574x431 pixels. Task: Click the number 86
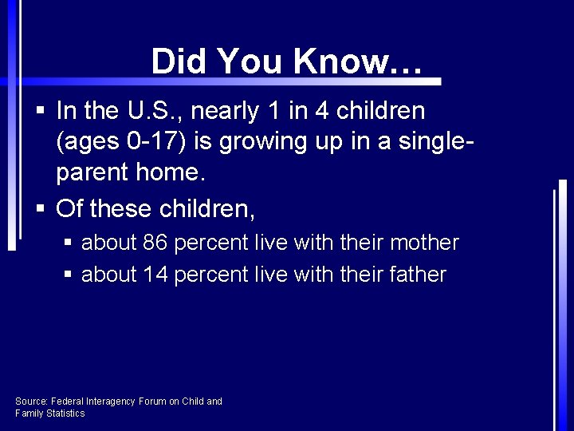[x=155, y=243]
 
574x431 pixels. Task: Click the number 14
[x=155, y=275]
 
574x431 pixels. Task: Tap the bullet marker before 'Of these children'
[x=41, y=209]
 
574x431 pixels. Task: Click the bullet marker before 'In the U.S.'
[x=41, y=112]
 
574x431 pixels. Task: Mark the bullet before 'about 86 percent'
[x=68, y=243]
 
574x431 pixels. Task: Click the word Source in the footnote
[x=31, y=401]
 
